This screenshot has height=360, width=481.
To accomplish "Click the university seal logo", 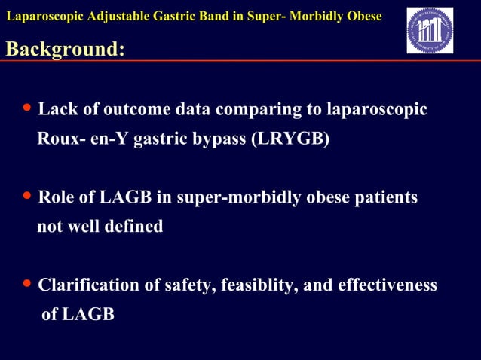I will tap(430, 31).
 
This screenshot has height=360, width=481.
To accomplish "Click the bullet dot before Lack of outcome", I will tap(27, 109).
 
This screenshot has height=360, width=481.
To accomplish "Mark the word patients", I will tap(387, 198).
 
